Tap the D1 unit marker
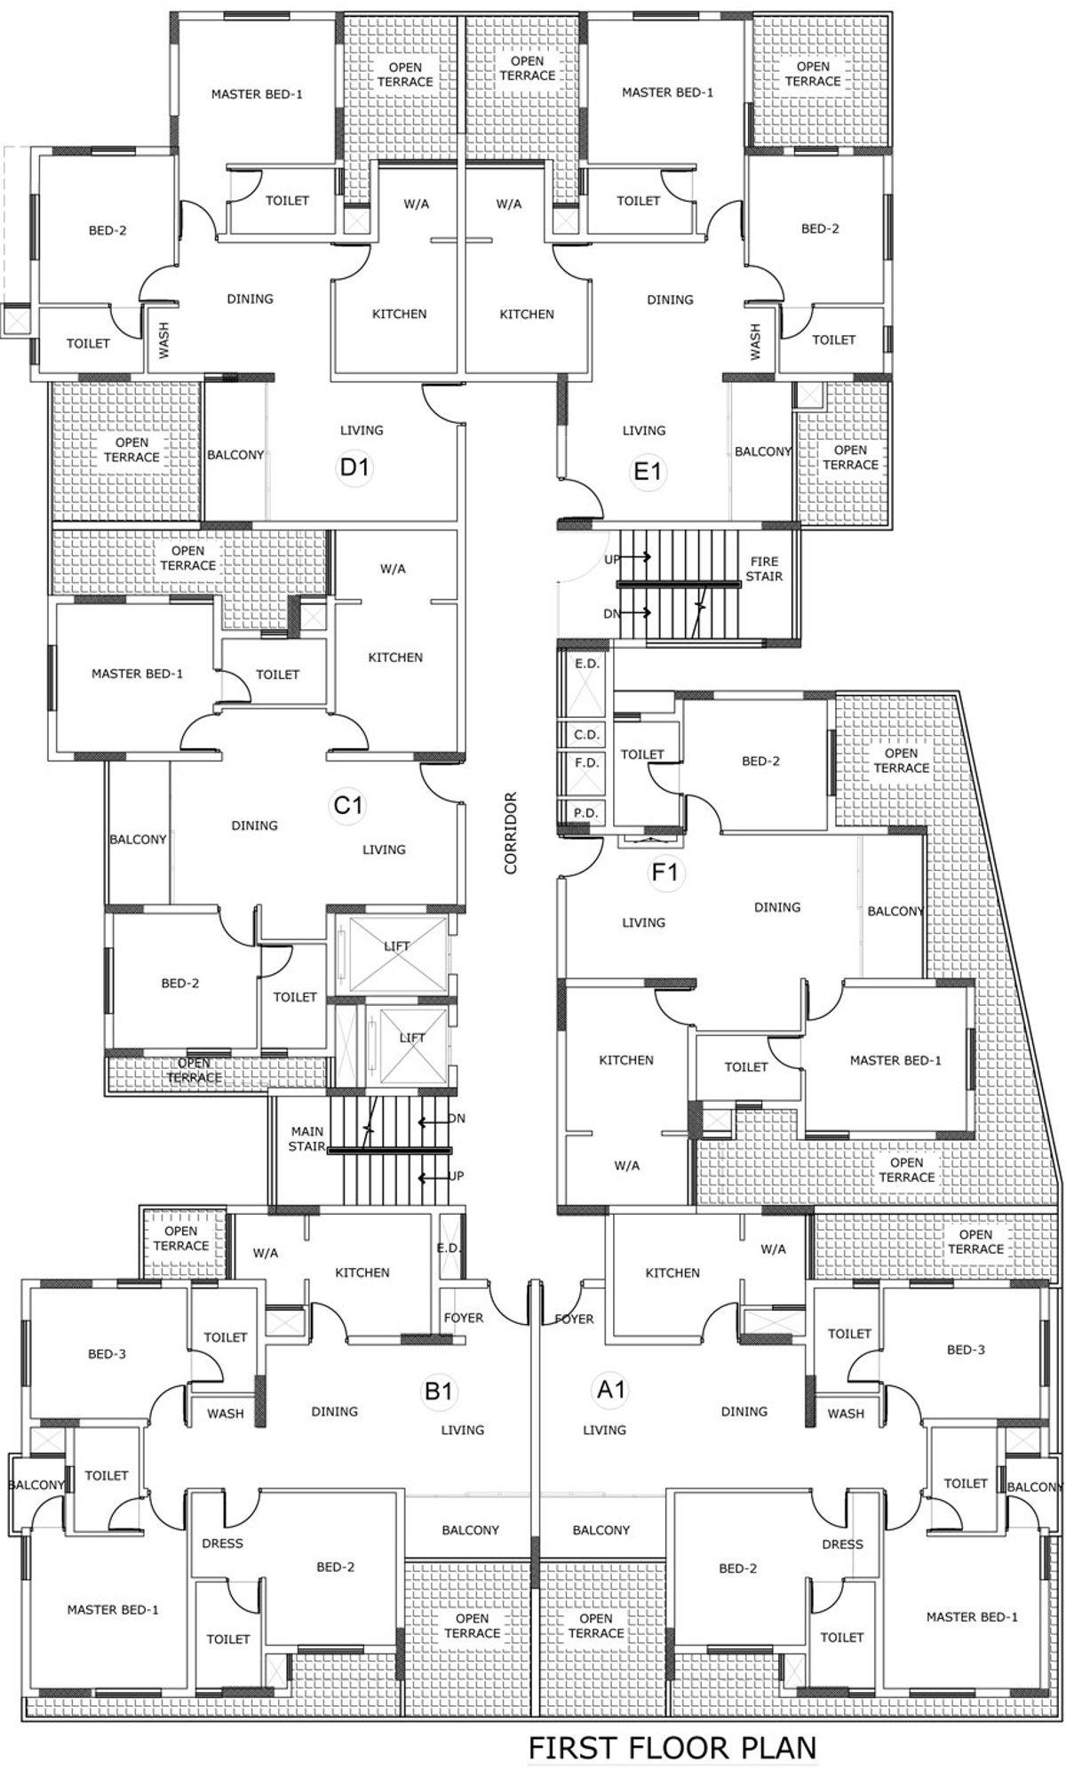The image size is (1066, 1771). click(354, 467)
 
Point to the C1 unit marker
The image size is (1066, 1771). click(348, 805)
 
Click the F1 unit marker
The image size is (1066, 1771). click(664, 873)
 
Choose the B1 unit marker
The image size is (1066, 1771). click(439, 1391)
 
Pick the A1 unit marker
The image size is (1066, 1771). click(611, 1389)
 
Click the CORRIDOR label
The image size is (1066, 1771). click(511, 833)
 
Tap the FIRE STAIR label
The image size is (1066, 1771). click(764, 569)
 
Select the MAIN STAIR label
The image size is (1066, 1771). click(306, 1139)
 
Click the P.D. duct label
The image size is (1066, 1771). click(586, 812)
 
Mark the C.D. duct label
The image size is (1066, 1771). click(586, 735)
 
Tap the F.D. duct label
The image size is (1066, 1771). click(586, 762)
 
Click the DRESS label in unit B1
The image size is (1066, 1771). click(222, 1544)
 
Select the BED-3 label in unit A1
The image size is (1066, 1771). click(966, 1350)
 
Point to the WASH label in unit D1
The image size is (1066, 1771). click(163, 340)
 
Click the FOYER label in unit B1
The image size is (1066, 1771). click(463, 1318)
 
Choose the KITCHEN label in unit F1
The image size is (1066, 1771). click(626, 1060)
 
